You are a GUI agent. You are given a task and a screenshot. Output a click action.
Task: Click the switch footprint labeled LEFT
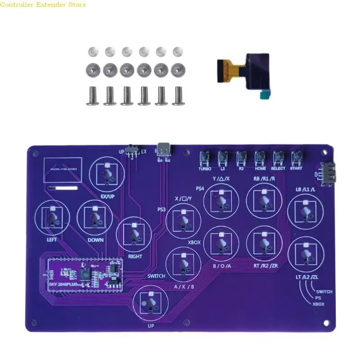[52, 219]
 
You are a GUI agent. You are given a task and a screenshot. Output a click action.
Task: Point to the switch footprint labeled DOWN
[94, 218]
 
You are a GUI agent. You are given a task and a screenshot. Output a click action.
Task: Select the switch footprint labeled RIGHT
[134, 234]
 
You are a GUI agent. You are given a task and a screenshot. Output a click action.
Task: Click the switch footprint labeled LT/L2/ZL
[306, 258]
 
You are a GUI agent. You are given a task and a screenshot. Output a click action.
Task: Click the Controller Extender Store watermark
[43, 4]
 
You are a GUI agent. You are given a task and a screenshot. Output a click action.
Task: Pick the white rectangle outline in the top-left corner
[63, 170]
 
